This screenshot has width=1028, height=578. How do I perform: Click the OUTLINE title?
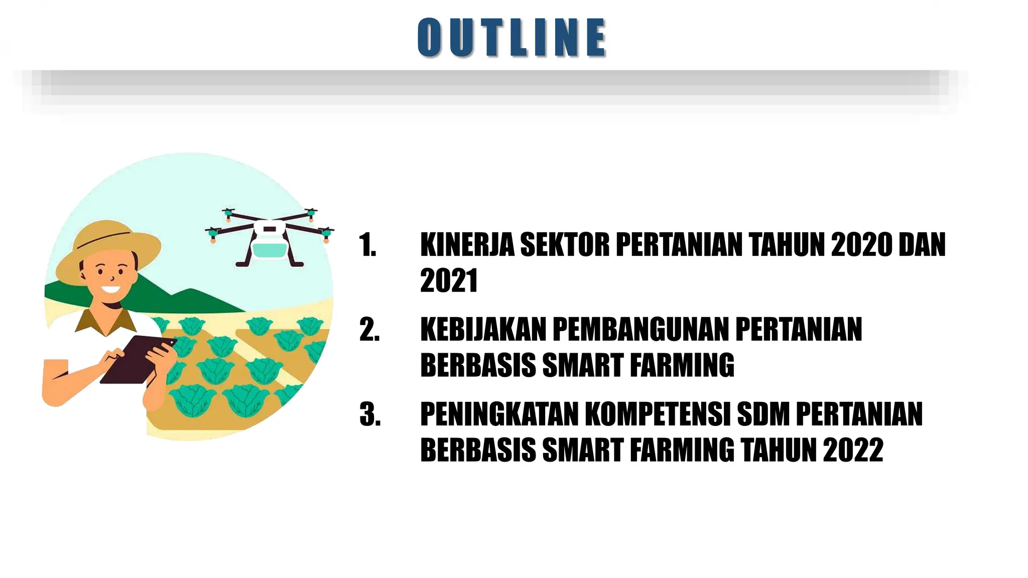click(x=511, y=37)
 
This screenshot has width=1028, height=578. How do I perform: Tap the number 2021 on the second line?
click(x=449, y=280)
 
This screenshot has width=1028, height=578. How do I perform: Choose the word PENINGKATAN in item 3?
click(x=499, y=414)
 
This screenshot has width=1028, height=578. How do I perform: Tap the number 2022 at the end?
click(x=853, y=450)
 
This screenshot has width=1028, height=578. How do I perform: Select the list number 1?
click(x=368, y=245)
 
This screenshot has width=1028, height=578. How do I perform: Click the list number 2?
click(x=369, y=330)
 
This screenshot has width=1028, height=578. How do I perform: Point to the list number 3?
click(x=370, y=415)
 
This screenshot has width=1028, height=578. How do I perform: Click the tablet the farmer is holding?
click(x=138, y=359)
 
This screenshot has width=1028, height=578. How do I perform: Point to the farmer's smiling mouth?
click(x=110, y=290)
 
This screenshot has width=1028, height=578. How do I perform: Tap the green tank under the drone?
click(x=270, y=249)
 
